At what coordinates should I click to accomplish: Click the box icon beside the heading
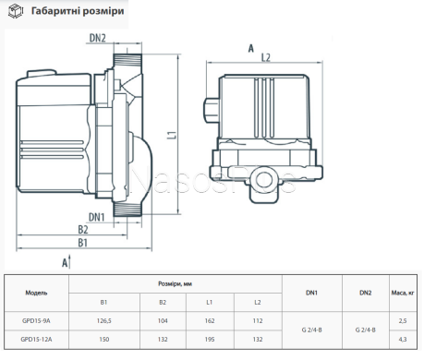coord(16,11)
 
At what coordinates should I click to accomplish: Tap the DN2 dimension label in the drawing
coord(97,38)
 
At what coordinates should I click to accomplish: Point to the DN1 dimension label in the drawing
coord(96,217)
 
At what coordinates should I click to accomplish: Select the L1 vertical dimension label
coord(173,135)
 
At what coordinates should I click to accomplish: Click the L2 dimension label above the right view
coord(265,57)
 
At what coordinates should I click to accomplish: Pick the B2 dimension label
coord(82,230)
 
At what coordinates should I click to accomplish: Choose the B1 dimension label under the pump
coord(82,243)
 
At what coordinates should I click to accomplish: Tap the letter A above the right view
coord(251,48)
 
